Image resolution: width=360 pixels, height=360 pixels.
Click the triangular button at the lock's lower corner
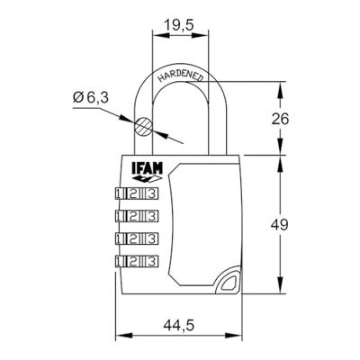point(227,283)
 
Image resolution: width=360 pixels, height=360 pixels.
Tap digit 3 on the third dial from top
point(150,238)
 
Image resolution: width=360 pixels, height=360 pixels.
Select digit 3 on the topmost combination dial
point(150,193)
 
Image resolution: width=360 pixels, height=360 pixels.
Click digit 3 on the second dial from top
point(150,215)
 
